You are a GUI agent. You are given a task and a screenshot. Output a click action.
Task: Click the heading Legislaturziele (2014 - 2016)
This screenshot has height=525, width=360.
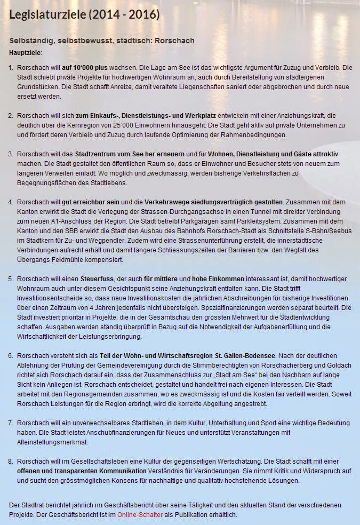pyautogui.click(x=84, y=15)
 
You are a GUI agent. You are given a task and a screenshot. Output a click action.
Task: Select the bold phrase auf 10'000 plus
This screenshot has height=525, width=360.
pyautogui.click(x=85, y=68)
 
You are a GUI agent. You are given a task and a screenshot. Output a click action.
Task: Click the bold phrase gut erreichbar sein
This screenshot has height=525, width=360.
pyautogui.click(x=91, y=202)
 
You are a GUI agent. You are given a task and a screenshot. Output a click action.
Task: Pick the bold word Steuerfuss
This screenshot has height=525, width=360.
pyautogui.click(x=98, y=279)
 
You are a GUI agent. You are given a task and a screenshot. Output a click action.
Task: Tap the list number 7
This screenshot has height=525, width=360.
pyautogui.click(x=11, y=423)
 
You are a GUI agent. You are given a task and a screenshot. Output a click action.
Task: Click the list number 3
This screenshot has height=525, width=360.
pyautogui.click(x=11, y=154)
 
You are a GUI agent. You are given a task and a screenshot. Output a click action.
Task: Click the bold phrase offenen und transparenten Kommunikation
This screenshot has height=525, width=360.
pyautogui.click(x=82, y=471)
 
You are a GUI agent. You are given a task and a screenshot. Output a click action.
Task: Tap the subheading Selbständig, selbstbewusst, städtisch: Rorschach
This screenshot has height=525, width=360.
pyautogui.click(x=102, y=41)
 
